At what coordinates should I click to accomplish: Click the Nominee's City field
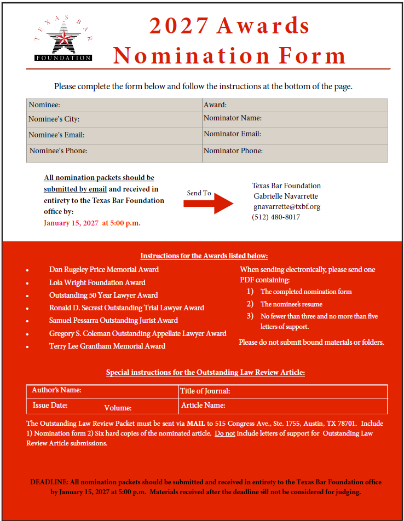pos(114,119)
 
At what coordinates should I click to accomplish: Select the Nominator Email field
pos(295,135)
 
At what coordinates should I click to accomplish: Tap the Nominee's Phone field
pos(114,152)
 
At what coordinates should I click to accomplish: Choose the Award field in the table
pos(295,105)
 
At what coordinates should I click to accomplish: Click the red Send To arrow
pos(209,204)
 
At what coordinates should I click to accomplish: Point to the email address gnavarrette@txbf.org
pos(287,207)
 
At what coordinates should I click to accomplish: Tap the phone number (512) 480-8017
pos(276,217)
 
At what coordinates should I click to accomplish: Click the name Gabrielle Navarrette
pos(286,196)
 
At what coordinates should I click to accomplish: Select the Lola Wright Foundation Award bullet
pos(97,283)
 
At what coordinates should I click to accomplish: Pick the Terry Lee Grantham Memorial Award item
pos(107,346)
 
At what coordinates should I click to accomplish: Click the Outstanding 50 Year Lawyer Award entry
pos(103,296)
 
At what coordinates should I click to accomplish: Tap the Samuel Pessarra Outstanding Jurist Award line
pos(113,321)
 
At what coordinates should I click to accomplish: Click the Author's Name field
pos(103,391)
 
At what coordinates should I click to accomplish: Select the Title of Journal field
pos(283,391)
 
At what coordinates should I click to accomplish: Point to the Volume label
pos(118,408)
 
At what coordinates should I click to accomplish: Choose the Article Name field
pos(283,406)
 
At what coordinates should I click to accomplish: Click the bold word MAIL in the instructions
pos(195,424)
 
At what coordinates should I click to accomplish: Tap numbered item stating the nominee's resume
pos(291,304)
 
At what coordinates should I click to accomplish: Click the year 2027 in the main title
pos(178,26)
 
